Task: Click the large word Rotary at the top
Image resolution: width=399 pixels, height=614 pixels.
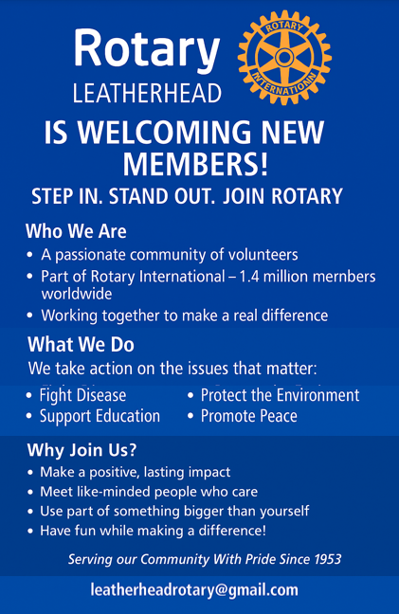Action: point(147,49)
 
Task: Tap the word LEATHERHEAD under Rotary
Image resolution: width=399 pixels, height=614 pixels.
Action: point(147,93)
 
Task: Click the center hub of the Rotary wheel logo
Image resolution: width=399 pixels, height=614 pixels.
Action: point(284,58)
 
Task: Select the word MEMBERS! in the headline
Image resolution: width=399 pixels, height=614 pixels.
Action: point(196,164)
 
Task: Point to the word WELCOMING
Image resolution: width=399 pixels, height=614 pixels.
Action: point(167,133)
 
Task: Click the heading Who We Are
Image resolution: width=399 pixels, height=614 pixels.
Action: point(76,231)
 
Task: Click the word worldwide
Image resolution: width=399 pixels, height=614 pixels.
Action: point(77,294)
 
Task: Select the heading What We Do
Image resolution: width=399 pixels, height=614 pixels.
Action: point(82,345)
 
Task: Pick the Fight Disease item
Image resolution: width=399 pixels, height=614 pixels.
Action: point(83,395)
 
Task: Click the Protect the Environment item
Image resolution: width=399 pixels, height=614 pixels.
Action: point(280,395)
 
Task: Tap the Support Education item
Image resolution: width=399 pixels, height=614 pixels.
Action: point(100,416)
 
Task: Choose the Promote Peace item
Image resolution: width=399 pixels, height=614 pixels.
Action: point(249,416)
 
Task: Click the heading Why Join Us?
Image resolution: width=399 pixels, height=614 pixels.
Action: point(82,450)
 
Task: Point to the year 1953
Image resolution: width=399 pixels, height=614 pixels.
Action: point(327,559)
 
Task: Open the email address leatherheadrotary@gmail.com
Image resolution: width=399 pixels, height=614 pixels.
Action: point(194,589)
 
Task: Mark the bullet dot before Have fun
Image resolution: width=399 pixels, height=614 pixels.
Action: point(30,532)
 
